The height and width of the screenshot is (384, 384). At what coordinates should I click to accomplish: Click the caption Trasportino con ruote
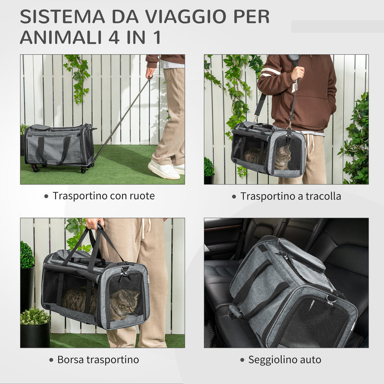point(104,196)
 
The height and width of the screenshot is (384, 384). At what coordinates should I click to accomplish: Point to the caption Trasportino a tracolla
point(291,196)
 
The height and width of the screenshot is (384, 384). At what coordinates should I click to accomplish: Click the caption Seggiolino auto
point(285,360)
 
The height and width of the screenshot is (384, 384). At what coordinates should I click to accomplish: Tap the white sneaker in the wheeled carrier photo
point(164,170)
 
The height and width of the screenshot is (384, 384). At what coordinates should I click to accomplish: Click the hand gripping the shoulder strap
point(298,73)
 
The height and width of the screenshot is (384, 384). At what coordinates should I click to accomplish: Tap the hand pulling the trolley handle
point(151,72)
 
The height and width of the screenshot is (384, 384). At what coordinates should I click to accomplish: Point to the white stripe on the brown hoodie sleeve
point(271,72)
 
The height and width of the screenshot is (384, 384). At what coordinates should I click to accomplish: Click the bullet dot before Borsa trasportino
point(51,360)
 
